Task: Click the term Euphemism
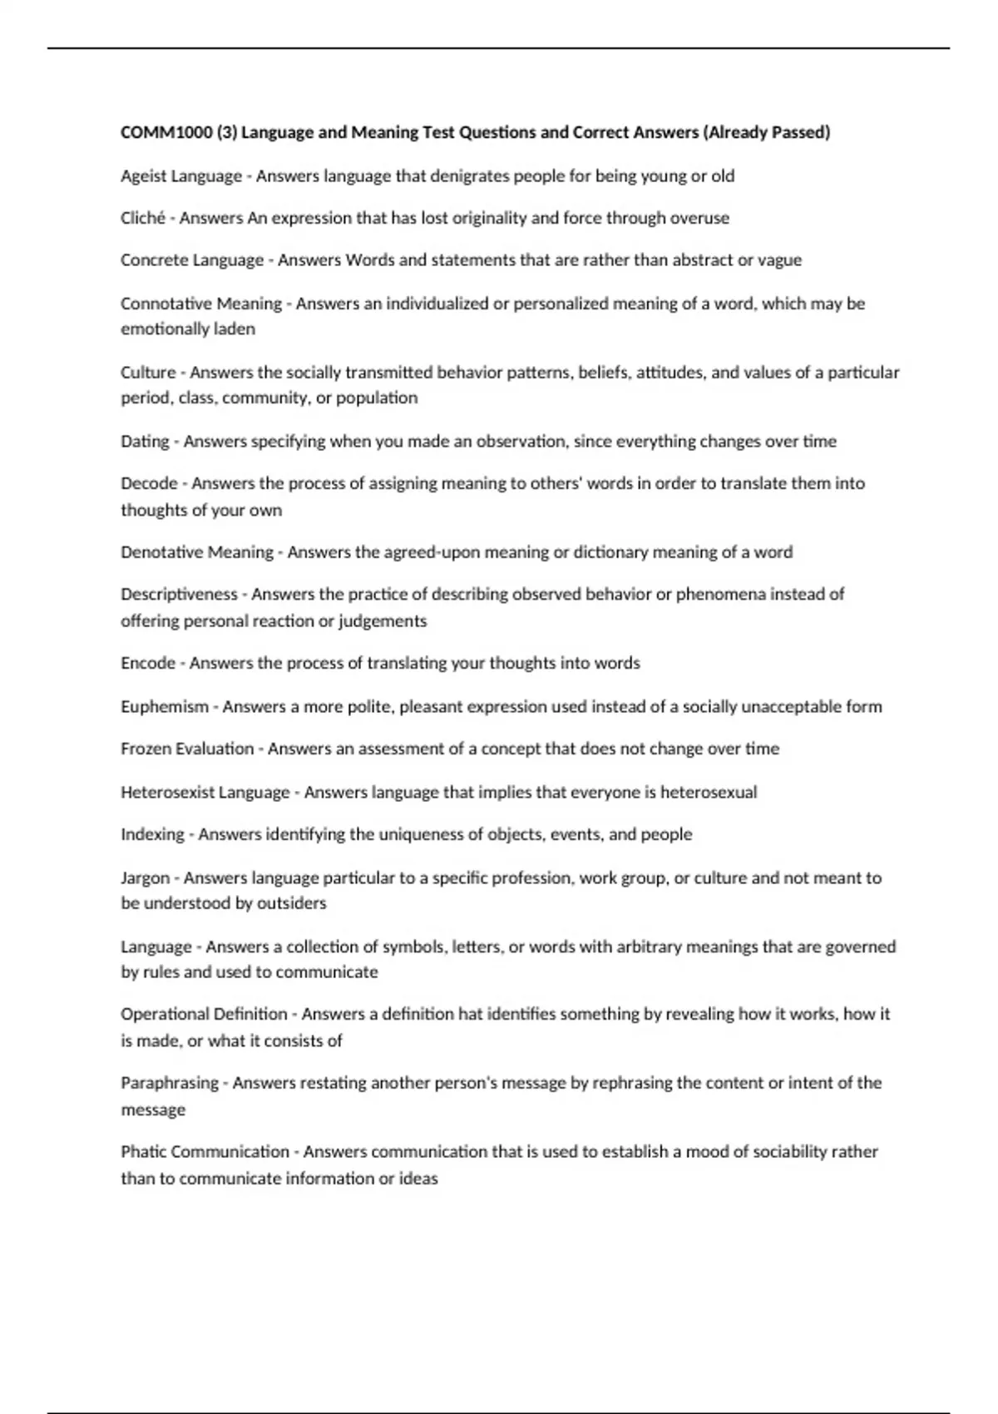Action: tap(164, 706)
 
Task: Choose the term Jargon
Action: tap(145, 878)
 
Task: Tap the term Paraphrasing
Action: tap(169, 1083)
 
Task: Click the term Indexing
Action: tap(152, 834)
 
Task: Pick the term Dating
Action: tap(145, 441)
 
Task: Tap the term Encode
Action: tap(147, 663)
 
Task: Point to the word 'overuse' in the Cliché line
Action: tap(699, 218)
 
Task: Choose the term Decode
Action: tap(149, 483)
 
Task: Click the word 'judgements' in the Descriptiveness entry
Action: tap(385, 621)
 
